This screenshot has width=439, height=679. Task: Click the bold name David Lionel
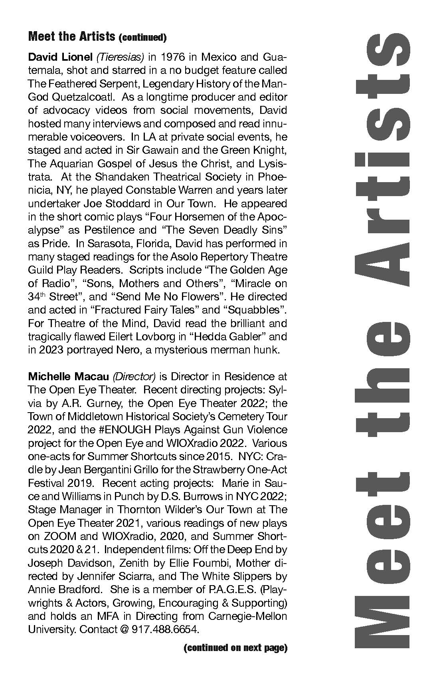[x=60, y=57]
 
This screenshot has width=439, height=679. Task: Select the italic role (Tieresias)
[x=120, y=57]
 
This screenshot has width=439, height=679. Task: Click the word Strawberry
[x=231, y=470]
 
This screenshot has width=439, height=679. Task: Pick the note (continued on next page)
[x=235, y=647]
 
